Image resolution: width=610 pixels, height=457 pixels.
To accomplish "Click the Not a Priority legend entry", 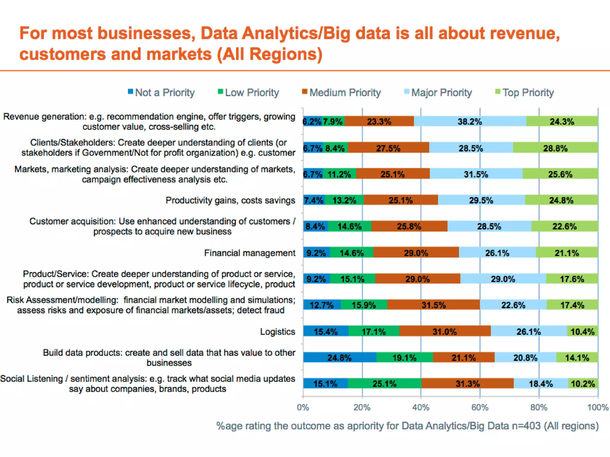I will [x=162, y=93].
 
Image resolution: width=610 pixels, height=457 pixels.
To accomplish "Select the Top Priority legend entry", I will [x=525, y=93].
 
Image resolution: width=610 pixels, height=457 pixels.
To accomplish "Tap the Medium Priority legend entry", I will [x=342, y=93].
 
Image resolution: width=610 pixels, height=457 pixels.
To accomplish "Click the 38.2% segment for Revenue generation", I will [x=470, y=121].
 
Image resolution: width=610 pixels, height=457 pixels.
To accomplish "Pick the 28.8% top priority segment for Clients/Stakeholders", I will [x=555, y=148].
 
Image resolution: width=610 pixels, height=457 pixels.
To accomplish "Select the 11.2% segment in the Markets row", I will [x=339, y=174].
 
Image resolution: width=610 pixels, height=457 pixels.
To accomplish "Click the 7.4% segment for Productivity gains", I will [x=314, y=200].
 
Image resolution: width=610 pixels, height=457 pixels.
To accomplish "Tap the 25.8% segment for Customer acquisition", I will [x=409, y=226].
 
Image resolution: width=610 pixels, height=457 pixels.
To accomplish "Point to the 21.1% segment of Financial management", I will [x=567, y=253].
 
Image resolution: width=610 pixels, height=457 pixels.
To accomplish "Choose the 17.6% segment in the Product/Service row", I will [x=572, y=279].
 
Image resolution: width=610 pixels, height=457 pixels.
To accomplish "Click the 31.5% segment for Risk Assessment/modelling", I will [x=433, y=305].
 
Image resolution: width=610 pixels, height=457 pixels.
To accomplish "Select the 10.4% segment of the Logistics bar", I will [x=583, y=331].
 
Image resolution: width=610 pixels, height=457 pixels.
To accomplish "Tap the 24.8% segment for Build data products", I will [x=340, y=357].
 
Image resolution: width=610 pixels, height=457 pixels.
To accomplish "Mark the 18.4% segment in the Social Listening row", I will [x=541, y=384].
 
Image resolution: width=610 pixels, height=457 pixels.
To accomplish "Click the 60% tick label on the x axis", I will [x=480, y=407].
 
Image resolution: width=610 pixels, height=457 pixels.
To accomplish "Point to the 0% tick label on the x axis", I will [x=303, y=407].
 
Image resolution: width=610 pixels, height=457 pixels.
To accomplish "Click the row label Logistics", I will [x=278, y=331].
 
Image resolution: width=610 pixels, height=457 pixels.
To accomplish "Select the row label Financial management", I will [x=250, y=253].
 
